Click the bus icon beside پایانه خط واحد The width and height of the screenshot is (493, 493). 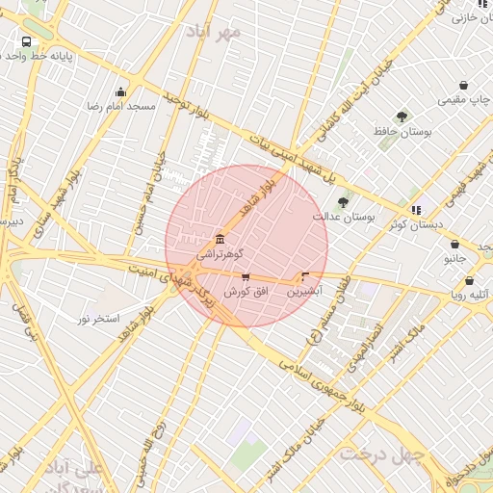click(26, 41)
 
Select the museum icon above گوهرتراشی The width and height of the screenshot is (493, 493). click(221, 239)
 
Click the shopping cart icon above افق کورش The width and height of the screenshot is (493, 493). click(246, 277)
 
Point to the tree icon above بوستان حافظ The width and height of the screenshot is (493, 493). click(402, 117)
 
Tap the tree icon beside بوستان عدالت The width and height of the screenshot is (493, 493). click(343, 201)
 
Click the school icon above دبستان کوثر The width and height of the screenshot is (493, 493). click(416, 209)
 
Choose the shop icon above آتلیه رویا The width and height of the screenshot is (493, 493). click(469, 281)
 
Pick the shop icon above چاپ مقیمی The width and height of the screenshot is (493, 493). click(463, 85)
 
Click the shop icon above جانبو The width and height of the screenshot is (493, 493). click(455, 244)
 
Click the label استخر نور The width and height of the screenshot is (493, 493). click(98, 318)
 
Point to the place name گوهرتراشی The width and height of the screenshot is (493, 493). click(220, 255)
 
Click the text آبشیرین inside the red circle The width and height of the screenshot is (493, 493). click(305, 290)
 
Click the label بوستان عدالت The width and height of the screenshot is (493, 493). click(343, 218)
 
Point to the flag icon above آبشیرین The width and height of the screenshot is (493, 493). click(305, 275)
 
